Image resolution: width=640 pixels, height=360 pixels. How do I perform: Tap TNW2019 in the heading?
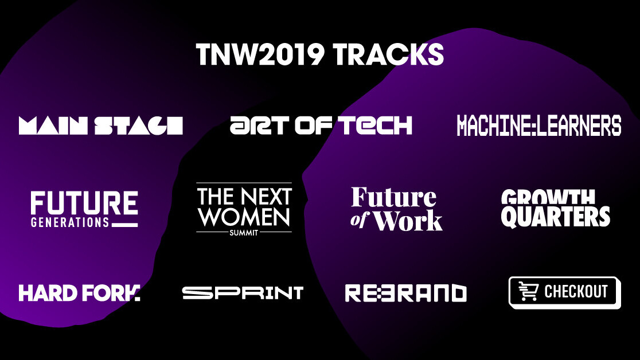pos(261,55)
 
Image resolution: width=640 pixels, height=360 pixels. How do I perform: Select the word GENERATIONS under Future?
pos(70,222)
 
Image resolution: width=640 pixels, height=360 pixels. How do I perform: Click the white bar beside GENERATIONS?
pos(125,224)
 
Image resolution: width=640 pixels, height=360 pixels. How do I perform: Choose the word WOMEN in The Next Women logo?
pos(244,217)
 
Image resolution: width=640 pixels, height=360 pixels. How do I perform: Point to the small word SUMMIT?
pos(244,232)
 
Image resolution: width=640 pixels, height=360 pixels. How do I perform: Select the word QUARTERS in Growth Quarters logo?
pos(556,217)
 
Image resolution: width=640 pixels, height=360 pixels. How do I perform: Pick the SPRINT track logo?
pos(243,293)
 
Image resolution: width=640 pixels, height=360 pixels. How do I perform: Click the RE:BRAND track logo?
pos(405,293)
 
